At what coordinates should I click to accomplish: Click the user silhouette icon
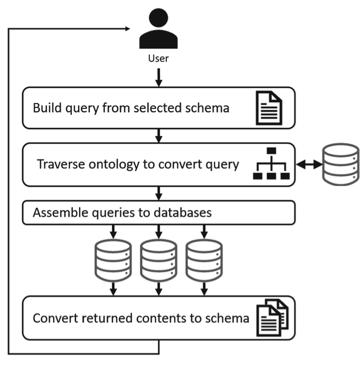pos(159,30)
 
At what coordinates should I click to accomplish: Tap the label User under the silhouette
pos(159,60)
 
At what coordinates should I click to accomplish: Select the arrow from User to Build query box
pos(159,76)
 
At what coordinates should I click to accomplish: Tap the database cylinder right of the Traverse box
pos(340,164)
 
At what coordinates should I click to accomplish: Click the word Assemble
pos(56,212)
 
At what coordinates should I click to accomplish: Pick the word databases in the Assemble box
pos(185,212)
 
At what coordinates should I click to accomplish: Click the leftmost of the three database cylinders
pos(113,260)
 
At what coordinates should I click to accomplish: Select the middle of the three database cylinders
pos(159,260)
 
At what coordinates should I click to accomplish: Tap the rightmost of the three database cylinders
pos(204,260)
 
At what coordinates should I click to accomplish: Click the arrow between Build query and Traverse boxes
pos(159,136)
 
